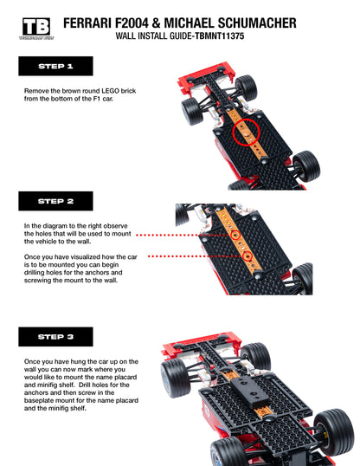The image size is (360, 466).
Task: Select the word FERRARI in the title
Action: (x=93, y=23)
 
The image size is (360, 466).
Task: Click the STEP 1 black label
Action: (x=55, y=66)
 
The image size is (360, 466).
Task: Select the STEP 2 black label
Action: (x=55, y=201)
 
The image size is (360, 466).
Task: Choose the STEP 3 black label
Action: (x=55, y=336)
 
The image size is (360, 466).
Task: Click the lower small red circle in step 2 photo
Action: (x=247, y=257)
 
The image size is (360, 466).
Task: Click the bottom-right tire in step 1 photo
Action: (x=305, y=165)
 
